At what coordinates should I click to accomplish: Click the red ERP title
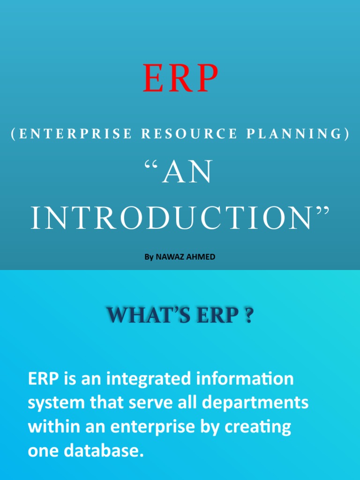tap(180, 78)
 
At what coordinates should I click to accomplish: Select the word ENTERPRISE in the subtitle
tap(75, 134)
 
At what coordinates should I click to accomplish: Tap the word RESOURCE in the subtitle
tap(189, 134)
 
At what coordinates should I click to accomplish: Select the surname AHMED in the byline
tap(201, 257)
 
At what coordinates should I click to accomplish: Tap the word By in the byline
tap(149, 257)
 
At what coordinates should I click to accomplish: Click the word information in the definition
tap(245, 378)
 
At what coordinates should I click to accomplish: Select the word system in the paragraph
tap(56, 403)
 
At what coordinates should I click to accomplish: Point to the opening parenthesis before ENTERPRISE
tap(13, 134)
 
